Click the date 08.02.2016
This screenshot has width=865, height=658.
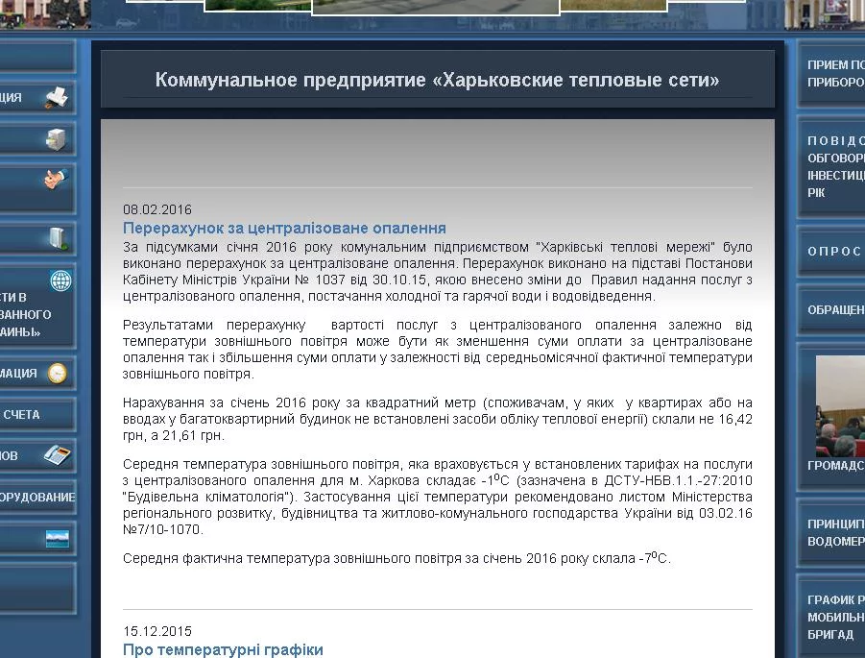[x=157, y=210]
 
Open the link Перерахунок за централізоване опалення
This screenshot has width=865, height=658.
[x=284, y=229]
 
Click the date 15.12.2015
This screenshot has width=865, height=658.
[x=157, y=632]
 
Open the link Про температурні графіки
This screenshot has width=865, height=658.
[x=223, y=650]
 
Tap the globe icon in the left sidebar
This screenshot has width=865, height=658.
[x=61, y=281]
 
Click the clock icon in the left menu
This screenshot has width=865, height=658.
[x=58, y=374]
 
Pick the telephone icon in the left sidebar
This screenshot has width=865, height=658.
[x=58, y=454]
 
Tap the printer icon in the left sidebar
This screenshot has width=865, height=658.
[x=57, y=97]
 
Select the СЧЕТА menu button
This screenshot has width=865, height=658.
[x=23, y=414]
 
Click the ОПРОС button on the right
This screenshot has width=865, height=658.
[x=833, y=252]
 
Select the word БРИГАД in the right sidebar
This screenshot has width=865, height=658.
[x=829, y=635]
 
